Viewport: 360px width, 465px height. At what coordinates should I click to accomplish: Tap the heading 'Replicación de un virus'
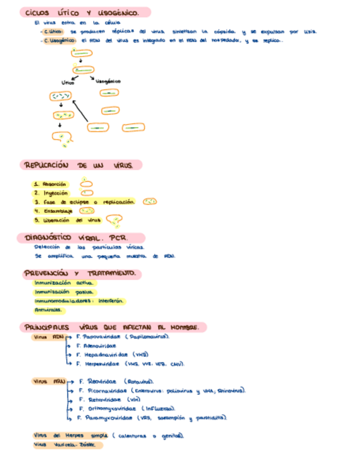(81, 165)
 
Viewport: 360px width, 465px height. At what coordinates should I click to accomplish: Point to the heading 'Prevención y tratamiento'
(81, 273)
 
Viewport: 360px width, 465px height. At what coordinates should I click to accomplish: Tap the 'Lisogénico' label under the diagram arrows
(108, 81)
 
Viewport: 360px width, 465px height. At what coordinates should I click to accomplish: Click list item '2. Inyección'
(51, 193)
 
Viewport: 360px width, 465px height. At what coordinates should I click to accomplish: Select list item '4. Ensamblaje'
(53, 211)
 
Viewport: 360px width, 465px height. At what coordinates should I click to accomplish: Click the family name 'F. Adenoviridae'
(97, 346)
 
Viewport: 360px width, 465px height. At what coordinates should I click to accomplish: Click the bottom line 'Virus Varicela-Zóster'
(67, 445)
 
